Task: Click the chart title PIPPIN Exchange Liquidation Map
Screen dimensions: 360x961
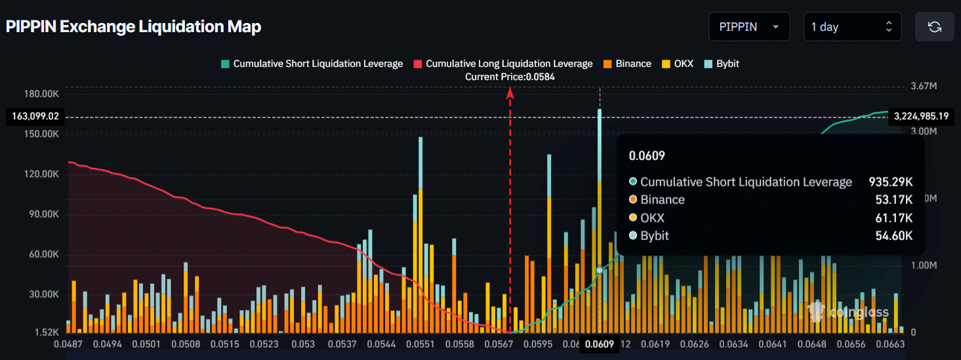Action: click(133, 27)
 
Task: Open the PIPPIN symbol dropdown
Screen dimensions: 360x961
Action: click(749, 27)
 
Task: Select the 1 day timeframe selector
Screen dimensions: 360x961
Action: click(852, 27)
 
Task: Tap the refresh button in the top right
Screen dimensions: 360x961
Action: click(934, 27)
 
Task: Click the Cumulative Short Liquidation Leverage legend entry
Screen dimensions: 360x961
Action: click(312, 64)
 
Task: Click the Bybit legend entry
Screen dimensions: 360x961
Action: click(722, 64)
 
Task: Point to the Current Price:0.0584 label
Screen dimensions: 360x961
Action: click(510, 77)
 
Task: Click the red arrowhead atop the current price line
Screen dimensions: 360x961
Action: click(510, 93)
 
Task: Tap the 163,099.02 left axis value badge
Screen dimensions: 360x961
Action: click(35, 117)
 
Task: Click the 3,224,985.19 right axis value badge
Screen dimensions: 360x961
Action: click(921, 117)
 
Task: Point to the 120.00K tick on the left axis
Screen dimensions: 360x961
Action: click(41, 174)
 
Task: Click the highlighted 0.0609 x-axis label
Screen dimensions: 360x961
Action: click(600, 344)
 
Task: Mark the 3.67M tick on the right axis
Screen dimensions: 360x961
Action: click(923, 87)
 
